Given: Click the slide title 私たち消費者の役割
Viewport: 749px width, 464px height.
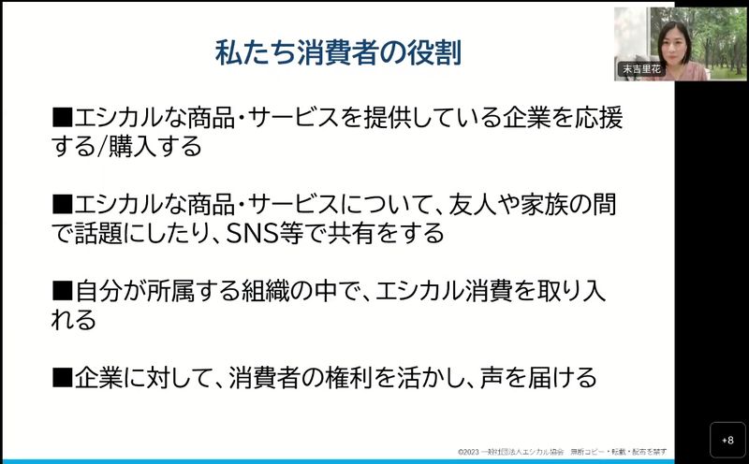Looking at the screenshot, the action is (338, 52).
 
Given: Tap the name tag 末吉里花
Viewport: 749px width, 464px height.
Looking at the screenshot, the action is (641, 68).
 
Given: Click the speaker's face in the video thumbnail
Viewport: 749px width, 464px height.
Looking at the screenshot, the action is (673, 43).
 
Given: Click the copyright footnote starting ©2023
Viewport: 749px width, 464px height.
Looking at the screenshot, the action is (563, 452).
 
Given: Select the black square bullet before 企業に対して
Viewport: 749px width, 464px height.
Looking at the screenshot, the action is (62, 377).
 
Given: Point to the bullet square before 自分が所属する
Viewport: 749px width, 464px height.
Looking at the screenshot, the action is (62, 291).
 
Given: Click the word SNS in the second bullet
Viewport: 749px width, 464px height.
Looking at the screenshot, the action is (251, 234).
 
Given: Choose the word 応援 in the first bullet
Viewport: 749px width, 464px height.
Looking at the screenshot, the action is (599, 118).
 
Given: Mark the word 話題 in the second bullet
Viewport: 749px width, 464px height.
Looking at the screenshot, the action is (98, 234).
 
